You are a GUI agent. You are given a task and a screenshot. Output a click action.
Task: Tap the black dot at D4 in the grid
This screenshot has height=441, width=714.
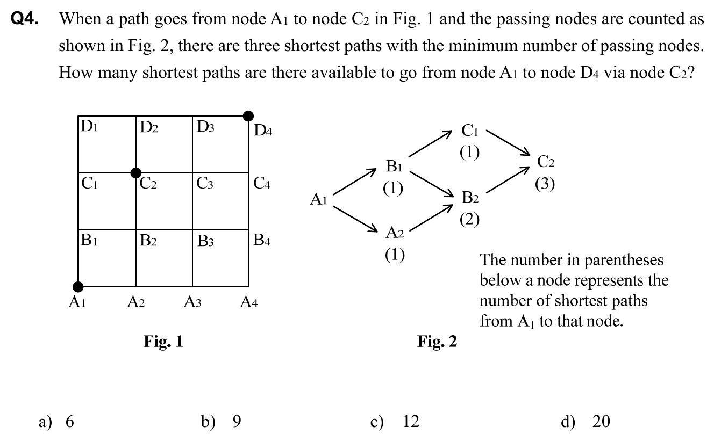click(x=248, y=115)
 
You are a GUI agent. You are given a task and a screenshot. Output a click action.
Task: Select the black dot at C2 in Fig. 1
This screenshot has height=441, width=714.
click(x=135, y=172)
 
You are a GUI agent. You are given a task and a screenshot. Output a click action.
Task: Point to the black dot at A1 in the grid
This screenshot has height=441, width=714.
click(x=78, y=286)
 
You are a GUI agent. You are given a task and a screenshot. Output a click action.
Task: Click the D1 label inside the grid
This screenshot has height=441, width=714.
click(x=89, y=128)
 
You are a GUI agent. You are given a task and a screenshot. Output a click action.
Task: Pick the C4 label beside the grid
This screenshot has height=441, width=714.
click(x=262, y=184)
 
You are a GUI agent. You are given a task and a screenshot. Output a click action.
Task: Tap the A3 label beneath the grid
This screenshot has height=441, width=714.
click(x=192, y=302)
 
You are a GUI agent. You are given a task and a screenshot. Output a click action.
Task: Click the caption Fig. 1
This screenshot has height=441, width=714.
click(x=163, y=341)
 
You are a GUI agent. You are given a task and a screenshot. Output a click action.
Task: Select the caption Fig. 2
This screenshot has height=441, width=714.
click(x=437, y=342)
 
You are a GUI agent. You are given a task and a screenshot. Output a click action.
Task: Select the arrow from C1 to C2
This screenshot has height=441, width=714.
click(x=508, y=142)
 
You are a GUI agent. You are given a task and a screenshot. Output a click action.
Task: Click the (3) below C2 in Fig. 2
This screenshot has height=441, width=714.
click(x=545, y=184)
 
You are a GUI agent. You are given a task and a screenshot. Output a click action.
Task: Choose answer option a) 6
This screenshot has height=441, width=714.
click(x=56, y=422)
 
